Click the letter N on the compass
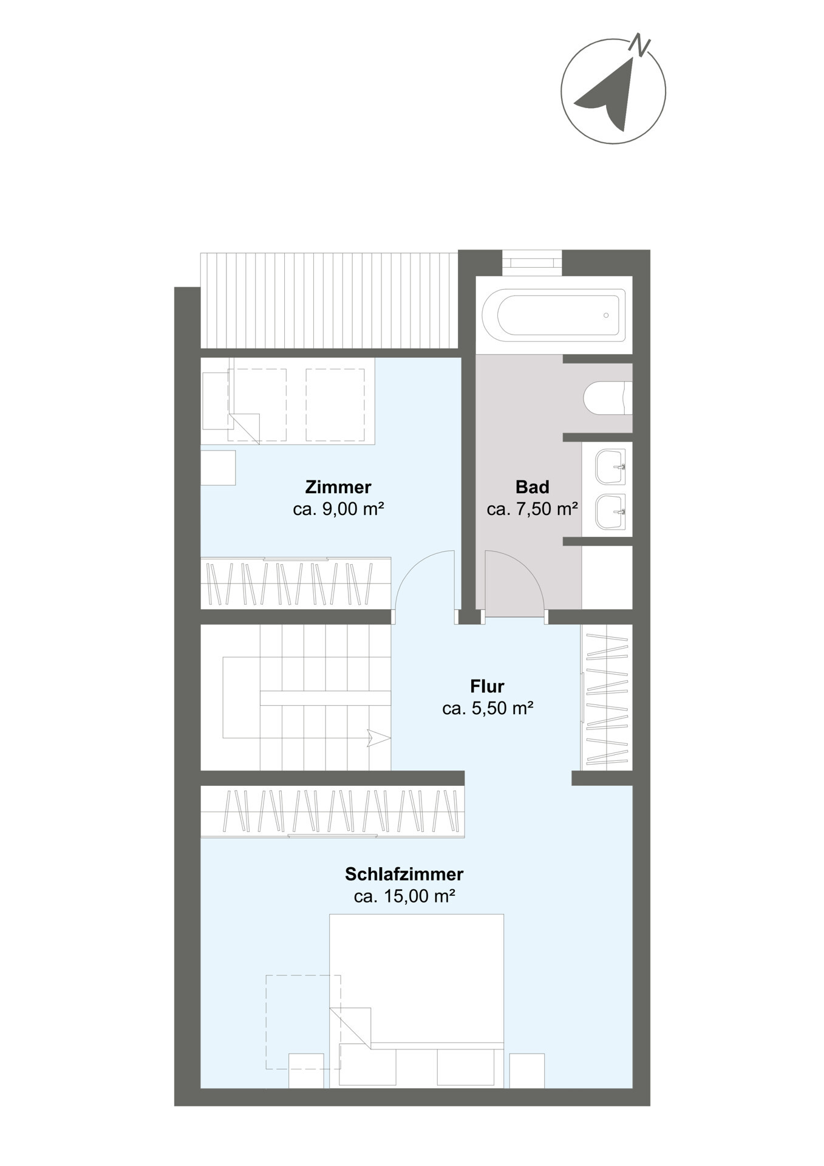click(640, 44)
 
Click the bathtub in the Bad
click(554, 315)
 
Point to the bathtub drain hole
click(606, 315)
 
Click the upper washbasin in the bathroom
click(610, 467)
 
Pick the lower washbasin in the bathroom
click(610, 511)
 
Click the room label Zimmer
click(338, 487)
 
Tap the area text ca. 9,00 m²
click(338, 509)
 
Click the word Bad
click(532, 487)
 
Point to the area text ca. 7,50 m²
click(532, 509)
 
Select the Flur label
click(487, 686)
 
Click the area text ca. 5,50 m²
click(488, 708)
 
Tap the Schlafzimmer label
click(404, 874)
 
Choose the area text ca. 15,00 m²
click(404, 896)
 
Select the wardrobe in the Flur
click(607, 698)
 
